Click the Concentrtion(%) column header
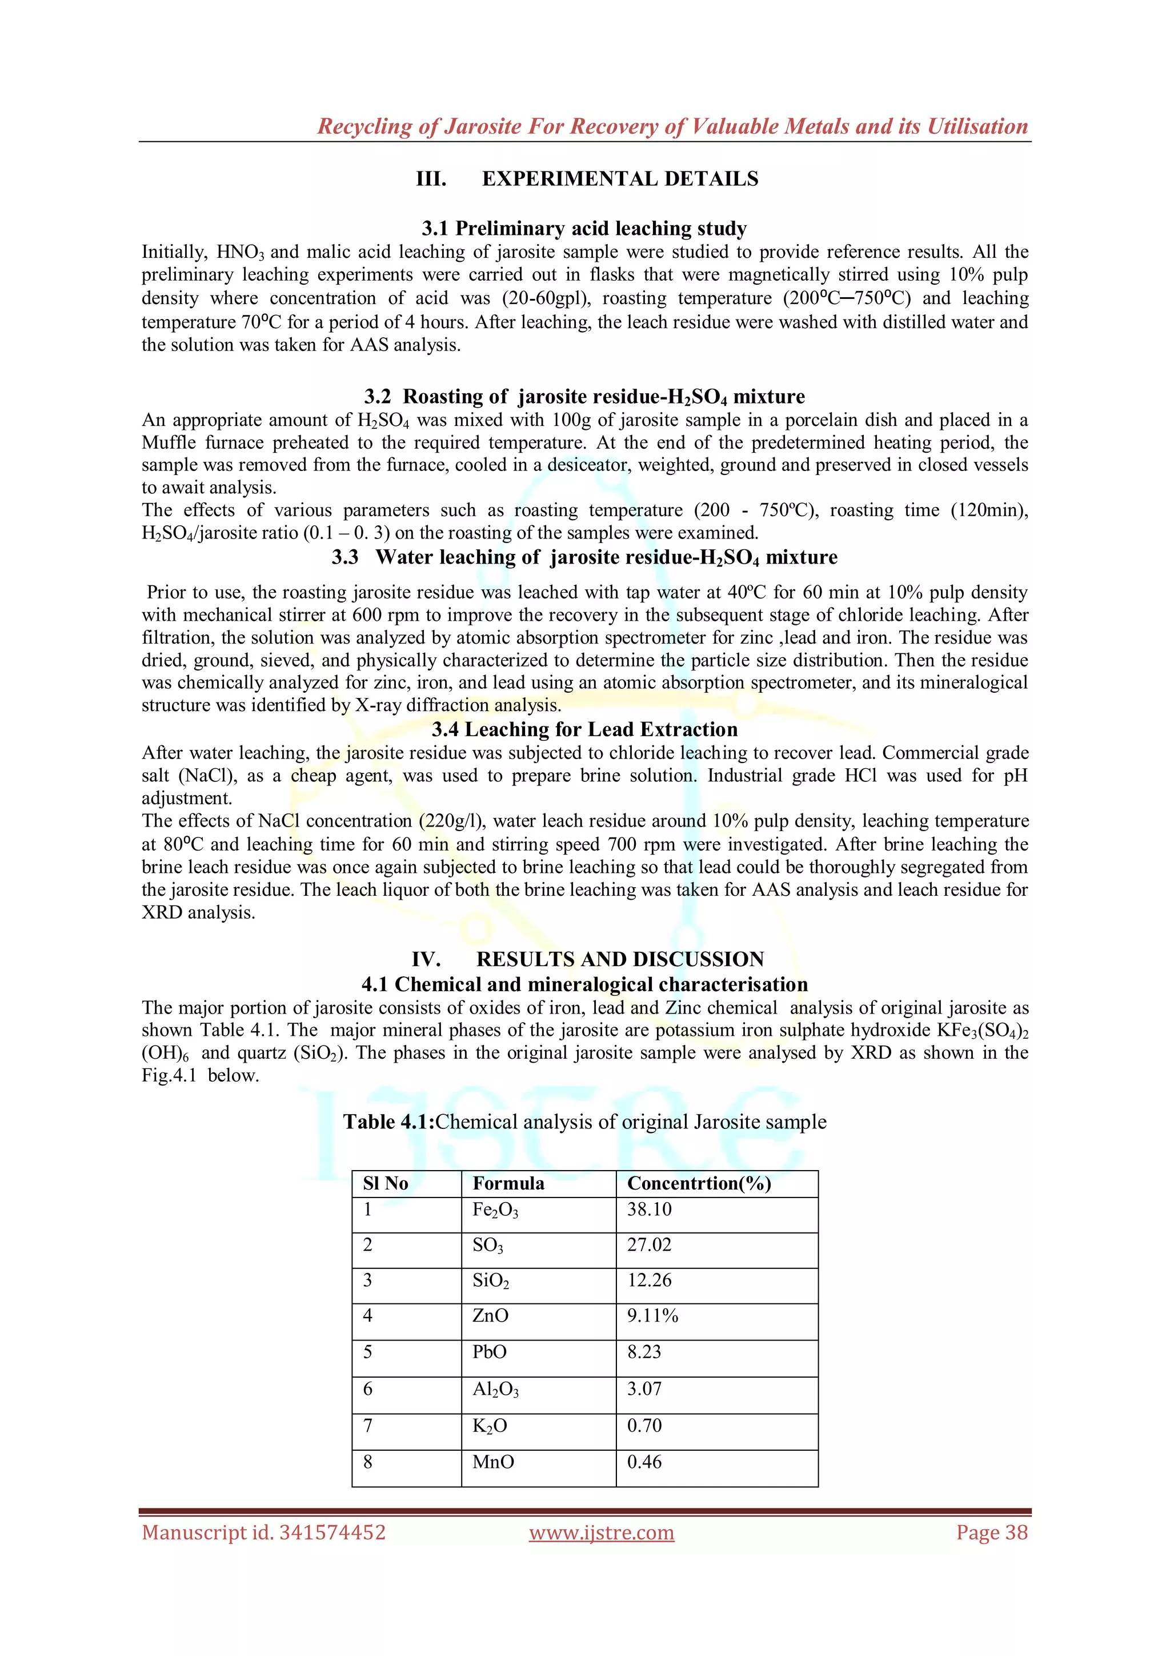coord(699,1184)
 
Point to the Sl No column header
coord(386,1184)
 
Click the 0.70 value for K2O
coord(644,1425)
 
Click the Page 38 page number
coord(991,1533)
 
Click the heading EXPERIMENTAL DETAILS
coord(620,179)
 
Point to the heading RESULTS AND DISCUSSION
coord(620,959)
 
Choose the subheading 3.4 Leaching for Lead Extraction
coord(584,729)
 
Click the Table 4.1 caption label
coord(388,1122)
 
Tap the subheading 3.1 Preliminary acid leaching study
coord(584,229)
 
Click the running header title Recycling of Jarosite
coord(672,126)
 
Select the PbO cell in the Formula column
coord(490,1352)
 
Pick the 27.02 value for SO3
coord(649,1245)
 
